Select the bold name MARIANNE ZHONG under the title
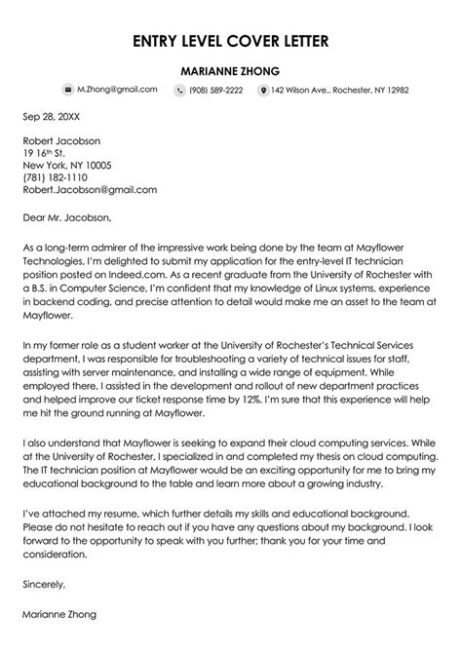coord(231,70)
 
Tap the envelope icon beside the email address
coord(67,90)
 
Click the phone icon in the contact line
coord(180,90)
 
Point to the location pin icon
coord(262,90)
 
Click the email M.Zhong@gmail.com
coord(117,90)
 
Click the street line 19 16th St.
coord(45,153)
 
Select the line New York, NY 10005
coord(67,166)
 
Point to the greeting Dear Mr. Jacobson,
coord(67,216)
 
